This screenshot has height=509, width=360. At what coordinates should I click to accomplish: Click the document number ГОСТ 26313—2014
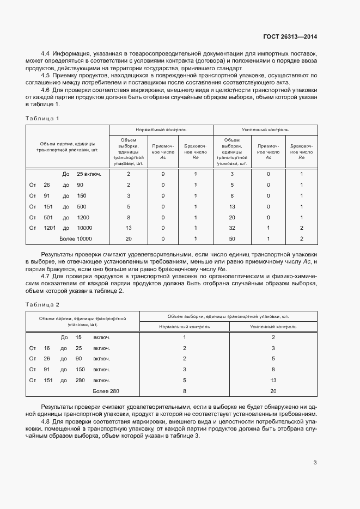coord(290,36)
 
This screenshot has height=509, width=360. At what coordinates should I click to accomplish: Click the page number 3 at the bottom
coord(315,463)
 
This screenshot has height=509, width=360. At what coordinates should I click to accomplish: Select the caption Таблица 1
coord(42,118)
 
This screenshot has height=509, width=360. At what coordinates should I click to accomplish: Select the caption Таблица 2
coord(42,304)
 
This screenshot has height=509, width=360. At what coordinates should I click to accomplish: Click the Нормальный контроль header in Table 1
coord(161,131)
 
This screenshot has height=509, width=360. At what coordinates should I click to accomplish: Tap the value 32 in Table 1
coord(232,228)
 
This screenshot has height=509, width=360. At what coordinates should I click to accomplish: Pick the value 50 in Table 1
coord(232,238)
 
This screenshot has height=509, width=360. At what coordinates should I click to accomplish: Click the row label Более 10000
coord(76,238)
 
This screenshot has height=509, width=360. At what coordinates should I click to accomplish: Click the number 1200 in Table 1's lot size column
coord(83,217)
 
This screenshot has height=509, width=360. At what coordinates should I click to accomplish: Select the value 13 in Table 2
coord(273,380)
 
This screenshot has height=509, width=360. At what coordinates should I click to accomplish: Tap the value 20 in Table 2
coord(273,391)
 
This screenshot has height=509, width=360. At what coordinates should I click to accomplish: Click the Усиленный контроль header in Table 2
coord(273,327)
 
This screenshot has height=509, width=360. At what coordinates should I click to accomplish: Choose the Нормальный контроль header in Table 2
coord(184,327)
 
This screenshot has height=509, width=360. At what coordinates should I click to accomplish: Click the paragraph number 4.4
coord(46,54)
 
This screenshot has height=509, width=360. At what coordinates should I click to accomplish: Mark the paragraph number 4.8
coord(46,422)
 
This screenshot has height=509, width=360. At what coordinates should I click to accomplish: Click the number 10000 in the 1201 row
coord(84,228)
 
